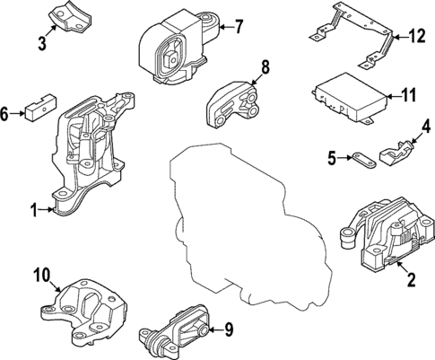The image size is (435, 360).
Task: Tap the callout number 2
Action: (x=412, y=281)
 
